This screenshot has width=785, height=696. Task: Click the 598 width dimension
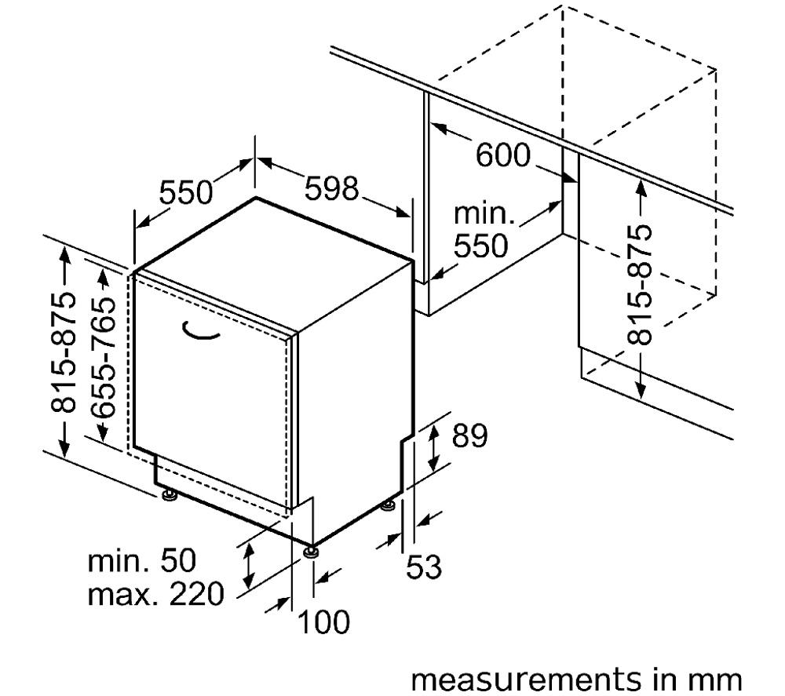(x=332, y=188)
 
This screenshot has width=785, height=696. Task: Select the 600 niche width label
(x=502, y=155)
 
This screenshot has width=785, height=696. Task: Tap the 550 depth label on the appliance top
(x=186, y=192)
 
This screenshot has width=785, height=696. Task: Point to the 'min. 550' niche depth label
(x=484, y=230)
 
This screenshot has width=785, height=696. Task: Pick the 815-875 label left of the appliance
(x=64, y=352)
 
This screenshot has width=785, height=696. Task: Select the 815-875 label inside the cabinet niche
(x=639, y=285)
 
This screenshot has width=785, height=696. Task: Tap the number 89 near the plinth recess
(x=469, y=435)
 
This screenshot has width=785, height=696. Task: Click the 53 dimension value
(x=424, y=567)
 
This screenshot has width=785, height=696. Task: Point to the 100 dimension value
(x=323, y=622)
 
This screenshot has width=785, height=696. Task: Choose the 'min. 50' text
(x=141, y=560)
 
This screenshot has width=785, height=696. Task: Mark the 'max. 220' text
(x=155, y=594)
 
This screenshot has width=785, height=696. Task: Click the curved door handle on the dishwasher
(x=200, y=332)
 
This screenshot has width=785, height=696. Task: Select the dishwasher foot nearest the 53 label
(x=388, y=506)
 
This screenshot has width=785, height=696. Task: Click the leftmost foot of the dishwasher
(x=169, y=494)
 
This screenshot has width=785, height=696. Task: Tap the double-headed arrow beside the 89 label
(x=433, y=446)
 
